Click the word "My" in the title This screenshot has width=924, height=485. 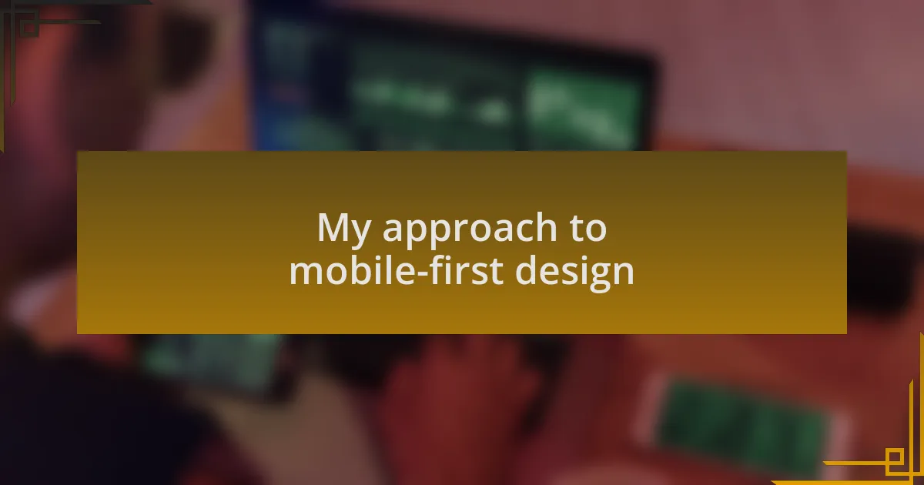tap(344, 229)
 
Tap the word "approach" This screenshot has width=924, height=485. tap(470, 229)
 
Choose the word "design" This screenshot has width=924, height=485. tap(574, 273)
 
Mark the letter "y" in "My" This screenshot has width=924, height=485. tap(361, 235)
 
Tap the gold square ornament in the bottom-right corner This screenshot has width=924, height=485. tap(895, 458)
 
